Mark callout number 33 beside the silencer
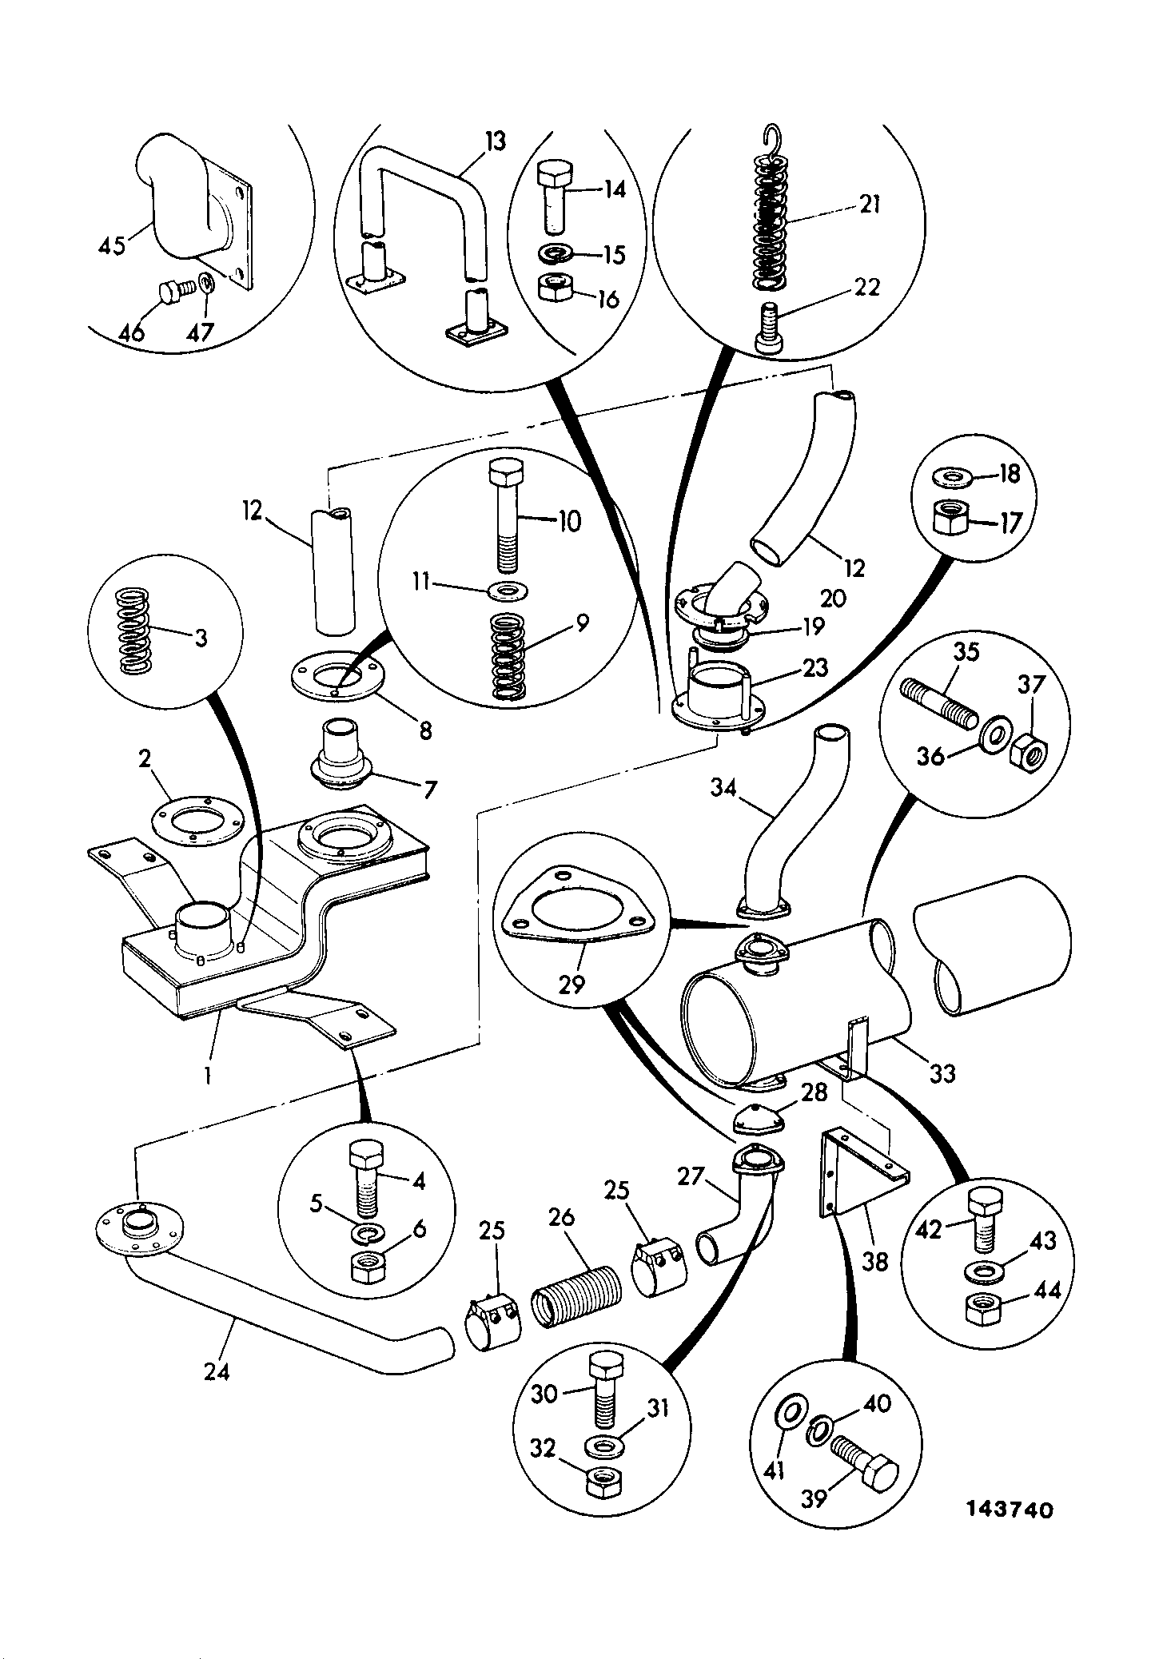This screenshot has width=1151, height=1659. click(x=943, y=1074)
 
